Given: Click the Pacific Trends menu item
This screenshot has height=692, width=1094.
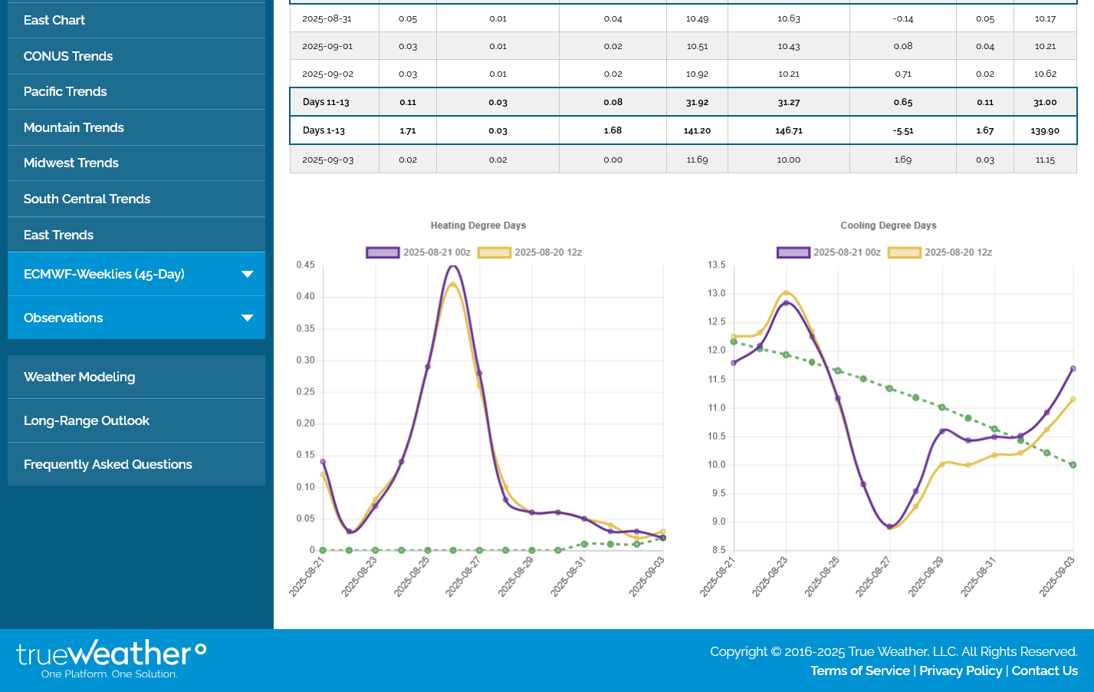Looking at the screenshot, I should coord(65,92).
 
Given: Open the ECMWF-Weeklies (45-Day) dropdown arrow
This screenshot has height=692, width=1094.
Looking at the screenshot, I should coord(247,274).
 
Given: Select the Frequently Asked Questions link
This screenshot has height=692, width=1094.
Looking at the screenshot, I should coord(108,464).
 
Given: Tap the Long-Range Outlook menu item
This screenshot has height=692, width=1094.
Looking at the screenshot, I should coord(87,420).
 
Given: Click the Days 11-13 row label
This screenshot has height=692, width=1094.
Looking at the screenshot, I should coord(326,102).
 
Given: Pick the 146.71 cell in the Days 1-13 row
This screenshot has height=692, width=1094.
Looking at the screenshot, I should coord(788,131).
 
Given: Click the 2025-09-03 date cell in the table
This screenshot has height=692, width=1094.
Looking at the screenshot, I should coord(327,160).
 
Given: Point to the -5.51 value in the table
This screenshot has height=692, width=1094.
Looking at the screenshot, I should coord(902,131).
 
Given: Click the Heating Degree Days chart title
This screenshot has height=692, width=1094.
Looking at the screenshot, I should coord(478,226).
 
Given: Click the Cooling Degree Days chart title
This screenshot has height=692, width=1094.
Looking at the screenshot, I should coord(888,226).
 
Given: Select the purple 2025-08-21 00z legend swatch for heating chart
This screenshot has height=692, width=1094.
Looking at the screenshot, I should coord(383,252).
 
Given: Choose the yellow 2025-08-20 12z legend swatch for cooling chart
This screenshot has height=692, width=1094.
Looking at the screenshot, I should coord(904,252).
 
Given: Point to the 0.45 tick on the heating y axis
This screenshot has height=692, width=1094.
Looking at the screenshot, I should coord(306,265).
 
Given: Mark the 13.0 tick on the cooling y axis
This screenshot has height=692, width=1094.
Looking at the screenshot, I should coord(716,294).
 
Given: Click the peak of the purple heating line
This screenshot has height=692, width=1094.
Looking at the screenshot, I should coord(454,266).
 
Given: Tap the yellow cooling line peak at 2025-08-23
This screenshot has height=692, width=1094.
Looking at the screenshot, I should coord(786,292).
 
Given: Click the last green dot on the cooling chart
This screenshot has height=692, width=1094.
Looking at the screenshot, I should coord(1073,465).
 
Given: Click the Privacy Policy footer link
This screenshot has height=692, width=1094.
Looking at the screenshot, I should coord(961,671).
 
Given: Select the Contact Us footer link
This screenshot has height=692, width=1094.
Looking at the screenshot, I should coord(1044,671).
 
